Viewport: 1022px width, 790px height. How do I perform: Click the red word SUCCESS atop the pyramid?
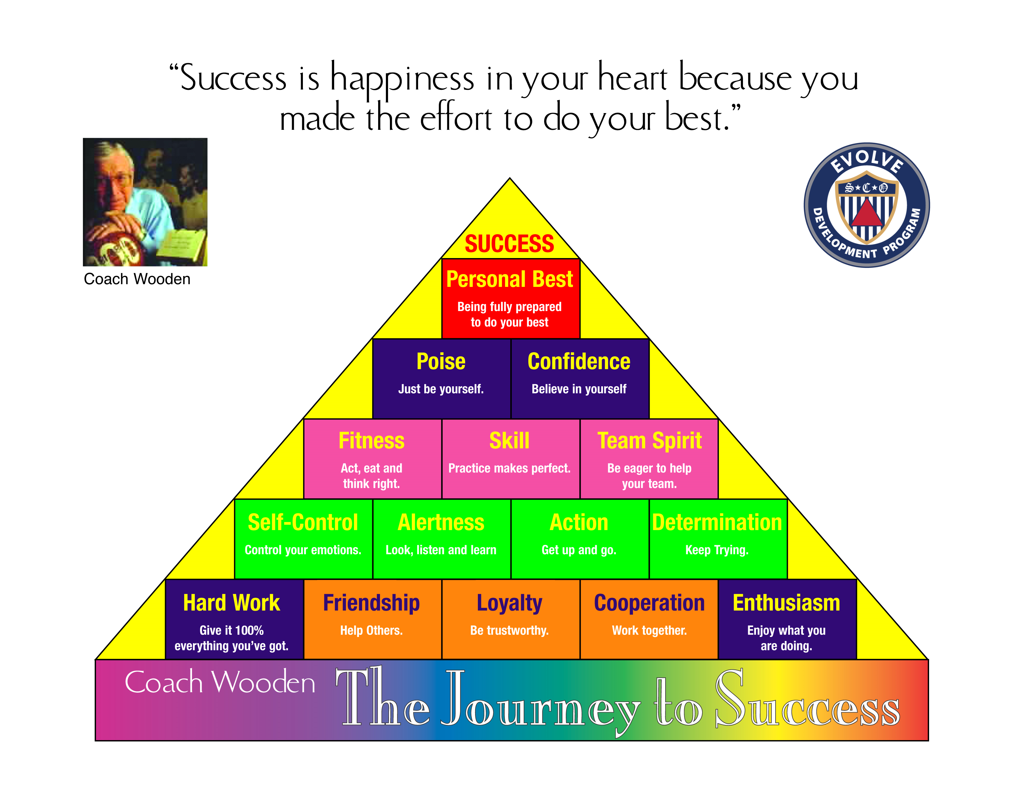[509, 244]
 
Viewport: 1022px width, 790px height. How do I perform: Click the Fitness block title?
[372, 441]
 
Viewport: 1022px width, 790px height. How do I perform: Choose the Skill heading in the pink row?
[509, 441]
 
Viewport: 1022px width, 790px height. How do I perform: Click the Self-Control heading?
[303, 522]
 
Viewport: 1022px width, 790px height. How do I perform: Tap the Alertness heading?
[441, 522]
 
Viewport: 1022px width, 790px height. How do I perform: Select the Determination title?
[717, 522]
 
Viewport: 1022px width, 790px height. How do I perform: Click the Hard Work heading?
[232, 603]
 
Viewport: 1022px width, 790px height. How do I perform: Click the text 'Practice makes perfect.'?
[509, 468]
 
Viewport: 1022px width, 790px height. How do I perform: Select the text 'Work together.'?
[649, 630]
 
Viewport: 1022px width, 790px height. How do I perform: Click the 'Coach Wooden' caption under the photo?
[137, 279]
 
